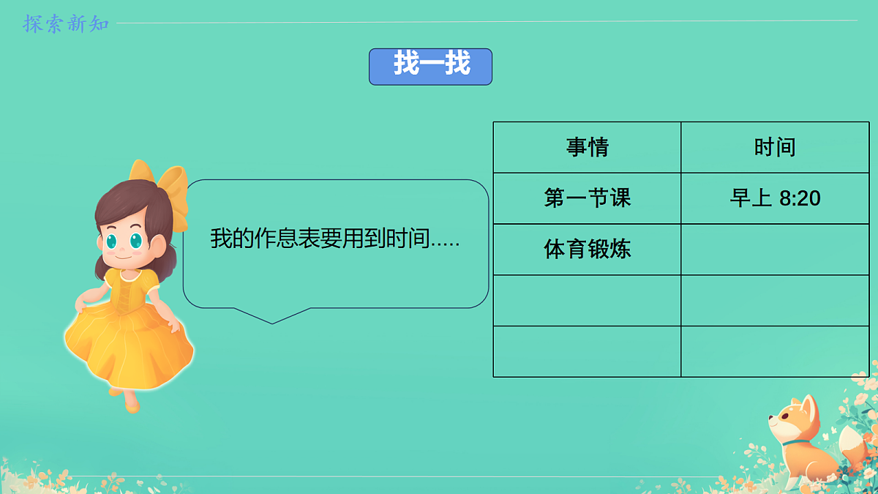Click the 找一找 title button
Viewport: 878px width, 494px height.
(430, 67)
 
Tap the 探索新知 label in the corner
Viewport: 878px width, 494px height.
(66, 23)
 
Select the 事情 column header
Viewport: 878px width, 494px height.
(587, 147)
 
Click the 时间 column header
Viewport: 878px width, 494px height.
(775, 147)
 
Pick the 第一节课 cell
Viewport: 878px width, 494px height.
(587, 198)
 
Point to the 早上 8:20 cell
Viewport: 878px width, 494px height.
(775, 198)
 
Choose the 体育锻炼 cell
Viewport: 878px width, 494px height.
(587, 250)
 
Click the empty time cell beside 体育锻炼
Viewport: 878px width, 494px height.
(775, 250)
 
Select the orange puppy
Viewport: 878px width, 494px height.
(805, 439)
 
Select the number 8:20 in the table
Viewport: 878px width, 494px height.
(799, 198)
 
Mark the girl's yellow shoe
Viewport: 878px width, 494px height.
(132, 405)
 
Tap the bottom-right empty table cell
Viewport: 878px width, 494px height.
(775, 351)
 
